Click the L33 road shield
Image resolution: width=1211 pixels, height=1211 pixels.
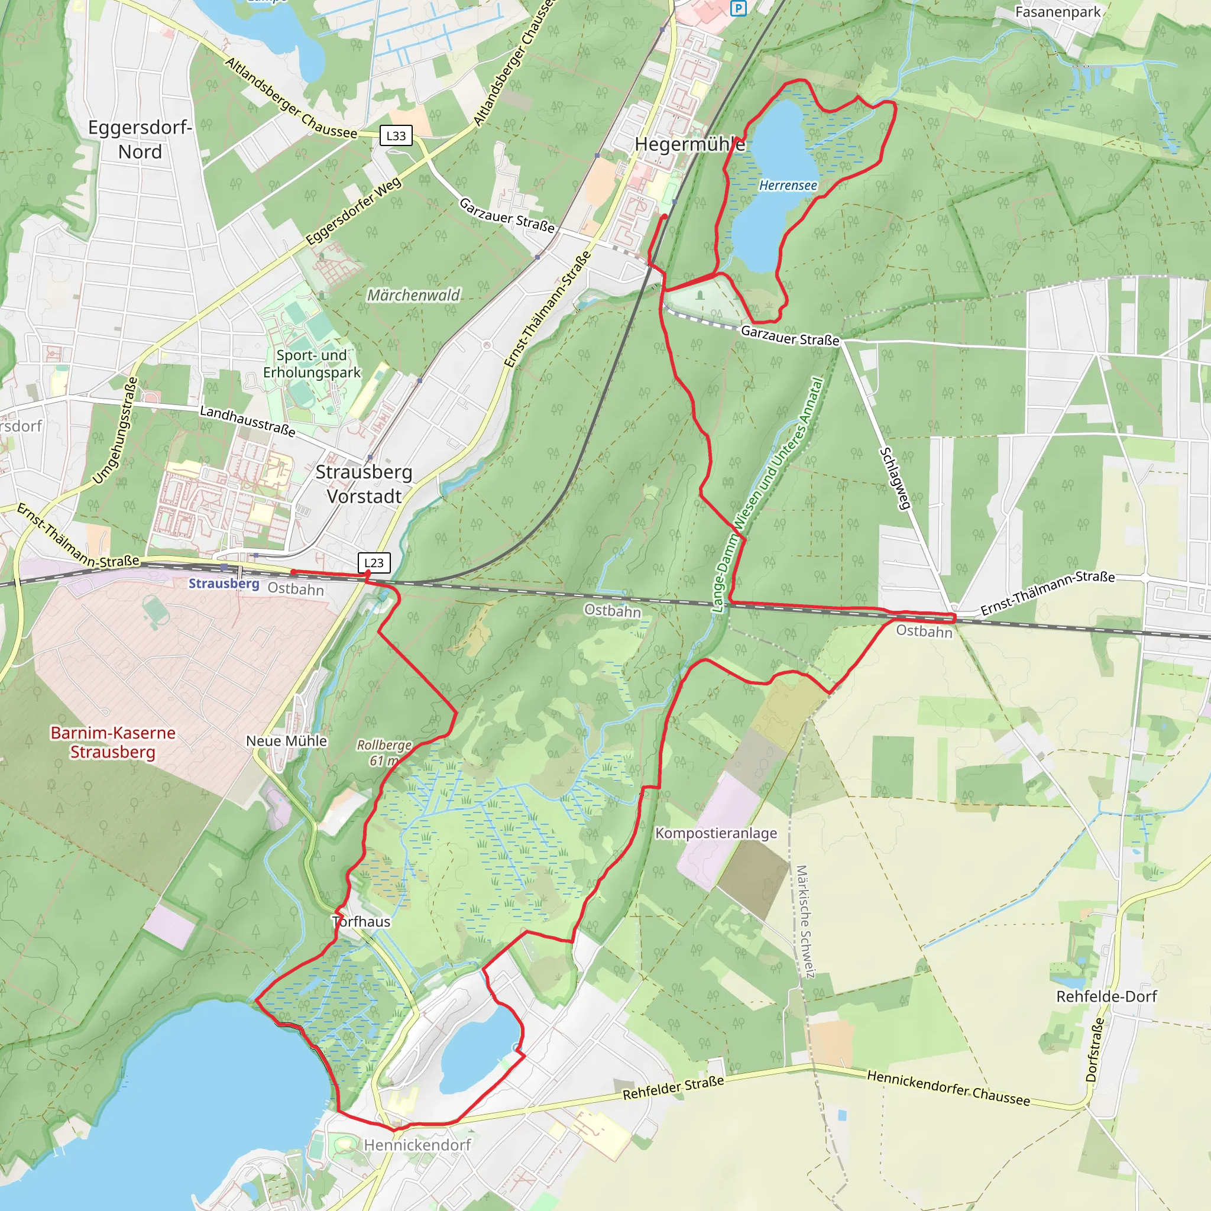click(396, 135)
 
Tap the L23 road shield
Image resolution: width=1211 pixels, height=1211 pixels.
click(374, 562)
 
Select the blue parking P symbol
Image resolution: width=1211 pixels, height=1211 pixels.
click(739, 8)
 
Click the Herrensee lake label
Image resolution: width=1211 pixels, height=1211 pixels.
click(787, 186)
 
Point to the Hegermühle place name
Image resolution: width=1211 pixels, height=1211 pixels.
click(689, 144)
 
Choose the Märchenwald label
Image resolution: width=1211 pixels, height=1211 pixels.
click(413, 294)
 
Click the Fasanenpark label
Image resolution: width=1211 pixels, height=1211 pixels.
click(1057, 12)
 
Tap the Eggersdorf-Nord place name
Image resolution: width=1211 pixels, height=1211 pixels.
click(140, 139)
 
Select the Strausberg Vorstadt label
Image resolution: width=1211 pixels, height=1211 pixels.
click(364, 484)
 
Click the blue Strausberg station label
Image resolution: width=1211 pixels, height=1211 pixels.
click(224, 584)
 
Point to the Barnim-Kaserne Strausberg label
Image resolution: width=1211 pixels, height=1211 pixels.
click(113, 742)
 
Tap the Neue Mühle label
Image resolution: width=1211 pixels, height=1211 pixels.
click(286, 741)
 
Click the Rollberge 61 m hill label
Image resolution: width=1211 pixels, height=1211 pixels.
click(384, 752)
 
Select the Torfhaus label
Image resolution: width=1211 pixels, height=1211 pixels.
click(362, 921)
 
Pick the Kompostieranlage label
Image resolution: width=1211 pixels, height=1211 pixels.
click(716, 833)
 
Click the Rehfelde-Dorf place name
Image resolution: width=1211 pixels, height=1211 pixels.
click(1106, 996)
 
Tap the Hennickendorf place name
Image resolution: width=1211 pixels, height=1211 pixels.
click(417, 1145)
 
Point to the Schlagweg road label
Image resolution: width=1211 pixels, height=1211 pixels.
click(895, 478)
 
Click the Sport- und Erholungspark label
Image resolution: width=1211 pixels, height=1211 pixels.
click(312, 364)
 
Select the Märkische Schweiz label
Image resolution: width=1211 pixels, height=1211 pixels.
click(805, 921)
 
